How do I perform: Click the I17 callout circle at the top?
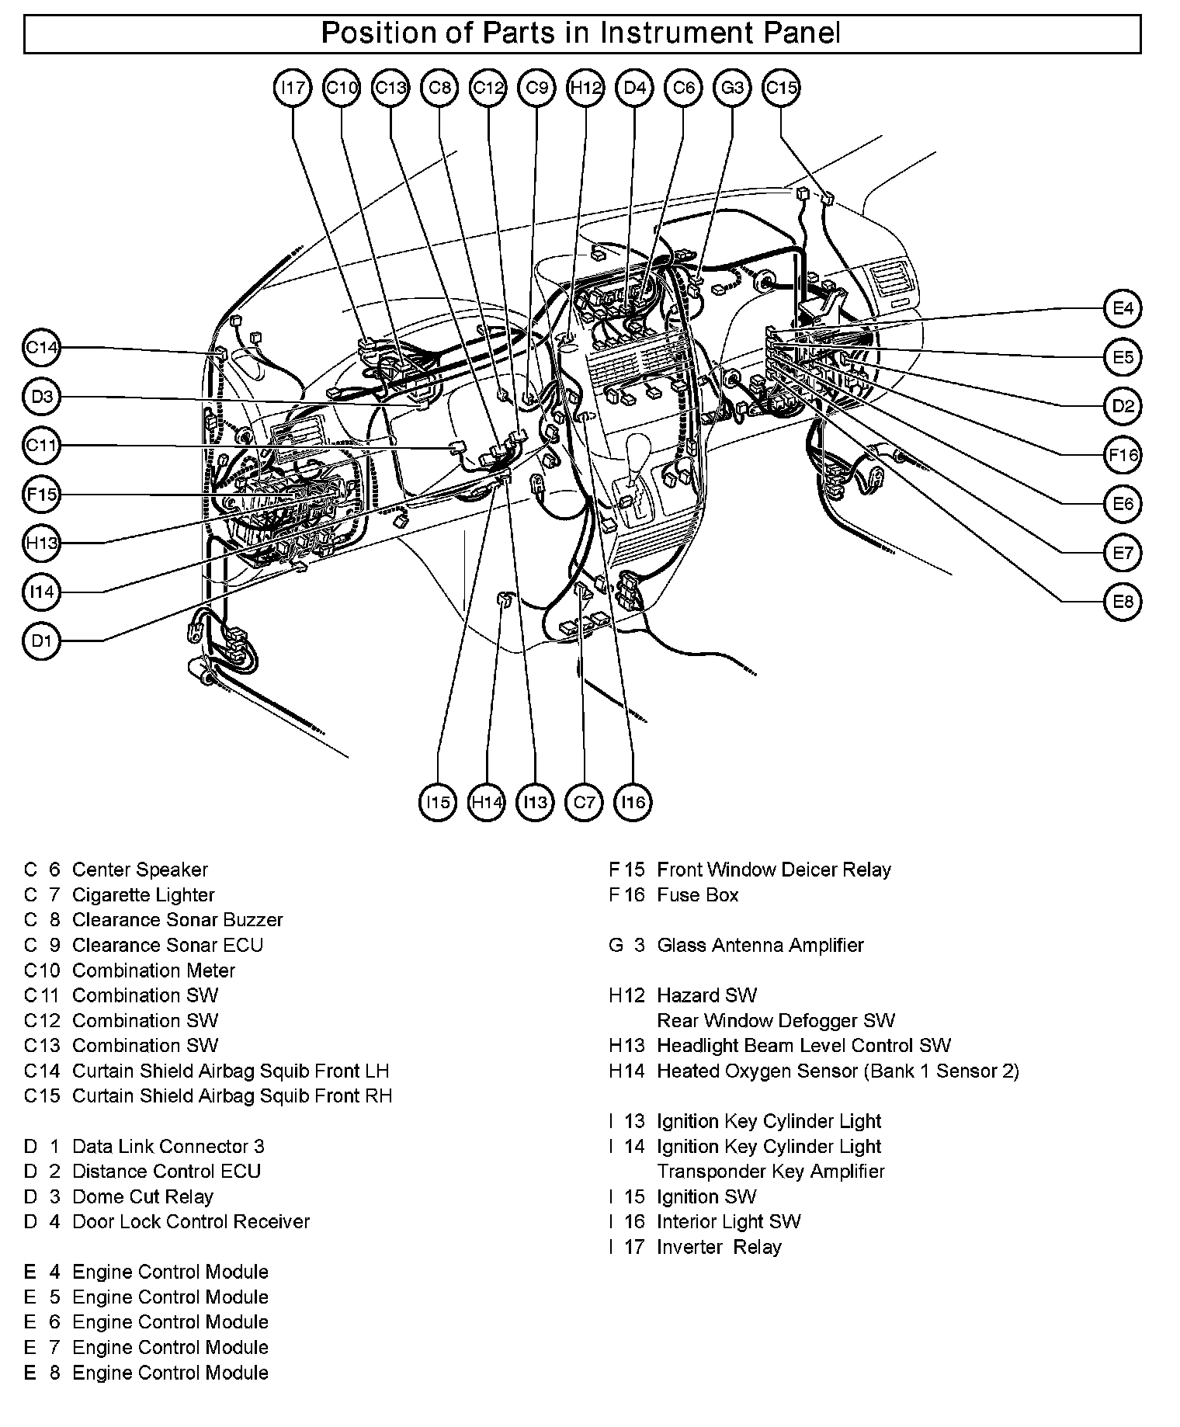pos(293,88)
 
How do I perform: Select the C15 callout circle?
pos(781,88)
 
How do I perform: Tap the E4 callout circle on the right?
pos(1123,309)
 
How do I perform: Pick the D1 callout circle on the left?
pos(41,641)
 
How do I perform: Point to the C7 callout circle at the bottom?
pos(584,802)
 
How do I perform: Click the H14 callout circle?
pos(487,802)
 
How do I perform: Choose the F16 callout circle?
pos(1123,456)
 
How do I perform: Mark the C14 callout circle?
pos(41,348)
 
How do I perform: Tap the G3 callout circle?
pos(732,88)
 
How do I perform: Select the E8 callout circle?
pos(1123,602)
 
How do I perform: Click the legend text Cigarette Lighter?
pos(143,894)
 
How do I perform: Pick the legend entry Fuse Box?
pos(697,894)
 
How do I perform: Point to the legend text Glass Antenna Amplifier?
pos(760,945)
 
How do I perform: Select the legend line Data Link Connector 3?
pos(168,1146)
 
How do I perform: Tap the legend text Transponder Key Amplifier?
pos(770,1171)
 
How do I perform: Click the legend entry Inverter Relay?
pos(719,1247)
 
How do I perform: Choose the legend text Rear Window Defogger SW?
pos(776,1020)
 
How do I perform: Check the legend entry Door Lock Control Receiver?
pos(190,1221)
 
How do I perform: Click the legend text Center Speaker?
pos(140,870)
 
